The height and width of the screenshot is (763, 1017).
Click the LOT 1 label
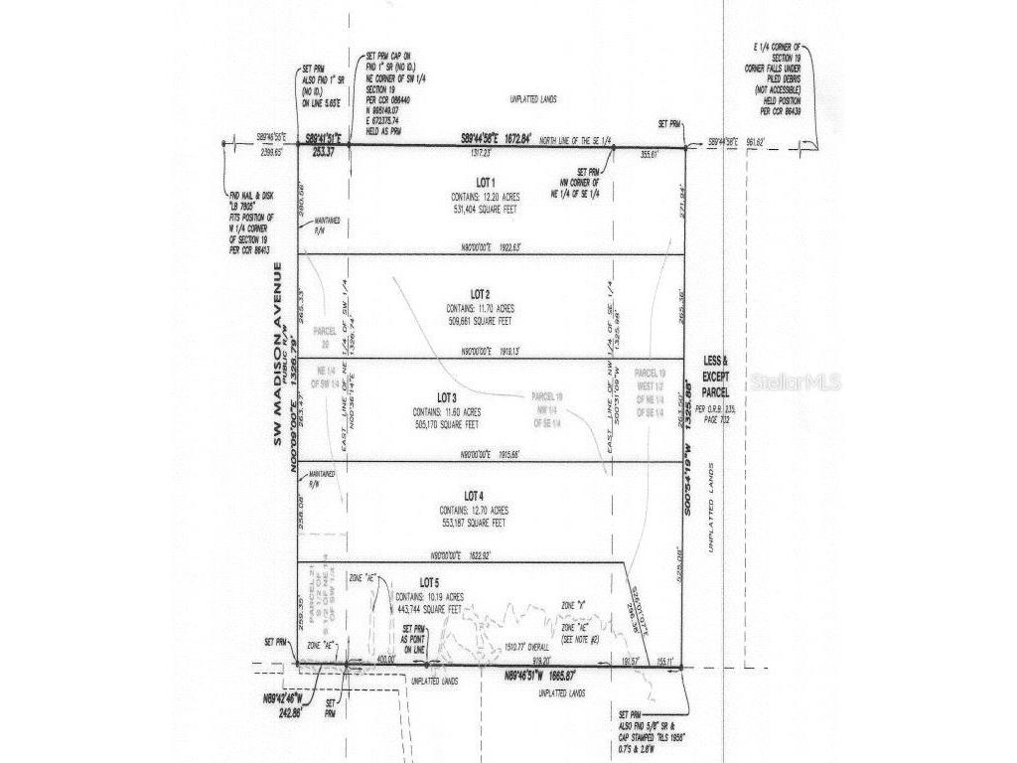[x=485, y=183]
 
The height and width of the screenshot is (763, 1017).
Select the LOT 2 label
[x=480, y=295]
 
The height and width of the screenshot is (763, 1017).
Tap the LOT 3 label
[x=480, y=396]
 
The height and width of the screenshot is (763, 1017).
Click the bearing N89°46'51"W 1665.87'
[x=540, y=675]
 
